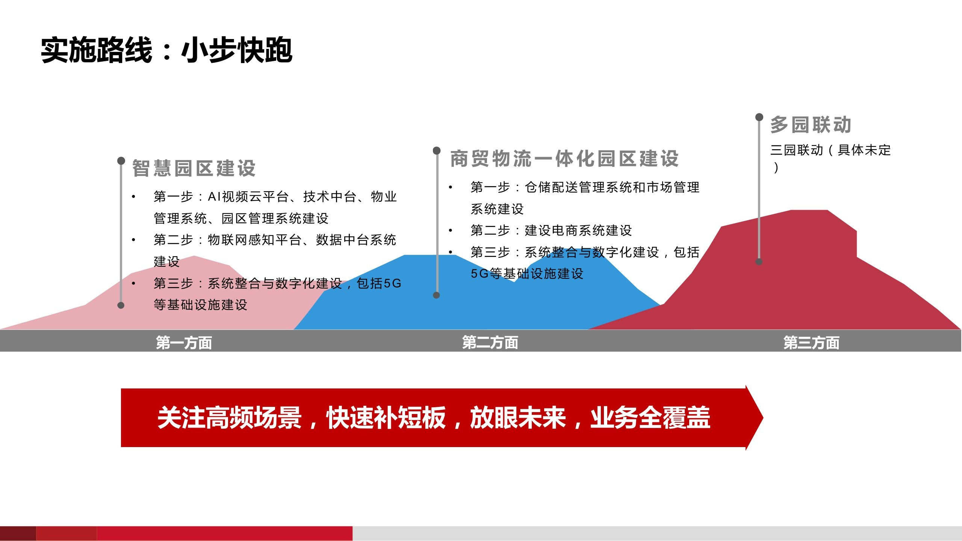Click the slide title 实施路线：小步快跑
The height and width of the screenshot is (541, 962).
coord(166,50)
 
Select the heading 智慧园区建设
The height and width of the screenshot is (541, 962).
coord(194,168)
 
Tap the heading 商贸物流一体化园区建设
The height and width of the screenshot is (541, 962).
coord(564,159)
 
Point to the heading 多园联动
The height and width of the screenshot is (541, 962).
coord(811,125)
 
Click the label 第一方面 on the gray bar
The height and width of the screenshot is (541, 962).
coord(184,343)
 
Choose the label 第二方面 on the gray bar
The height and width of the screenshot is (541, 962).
coord(490,342)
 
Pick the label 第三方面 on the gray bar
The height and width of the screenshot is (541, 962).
coord(811,343)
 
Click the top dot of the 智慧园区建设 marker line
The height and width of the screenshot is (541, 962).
coord(121,161)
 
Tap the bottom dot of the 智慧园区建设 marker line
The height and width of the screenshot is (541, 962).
coord(121,305)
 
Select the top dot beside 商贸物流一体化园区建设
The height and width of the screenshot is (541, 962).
coord(437,151)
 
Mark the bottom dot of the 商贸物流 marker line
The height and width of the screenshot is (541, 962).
coord(436,295)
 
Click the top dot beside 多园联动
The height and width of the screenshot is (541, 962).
coord(759,117)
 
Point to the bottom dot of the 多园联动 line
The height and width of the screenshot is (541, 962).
coord(759,262)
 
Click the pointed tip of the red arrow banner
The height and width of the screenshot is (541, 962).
coord(763,417)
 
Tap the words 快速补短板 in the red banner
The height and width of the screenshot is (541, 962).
coord(386,417)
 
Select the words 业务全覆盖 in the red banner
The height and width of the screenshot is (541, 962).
coord(650,417)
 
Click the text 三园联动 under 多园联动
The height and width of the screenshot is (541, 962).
coord(797,150)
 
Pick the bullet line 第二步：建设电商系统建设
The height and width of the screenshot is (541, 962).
coord(551,230)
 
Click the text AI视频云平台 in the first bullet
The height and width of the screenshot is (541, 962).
coord(248,196)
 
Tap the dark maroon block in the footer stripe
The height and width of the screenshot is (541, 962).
coord(18,533)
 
